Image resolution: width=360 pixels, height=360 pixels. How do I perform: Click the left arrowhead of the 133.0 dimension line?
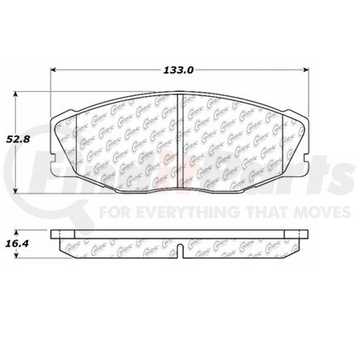point(55,72)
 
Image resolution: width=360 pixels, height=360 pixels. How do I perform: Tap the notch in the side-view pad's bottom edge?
point(180,250)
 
